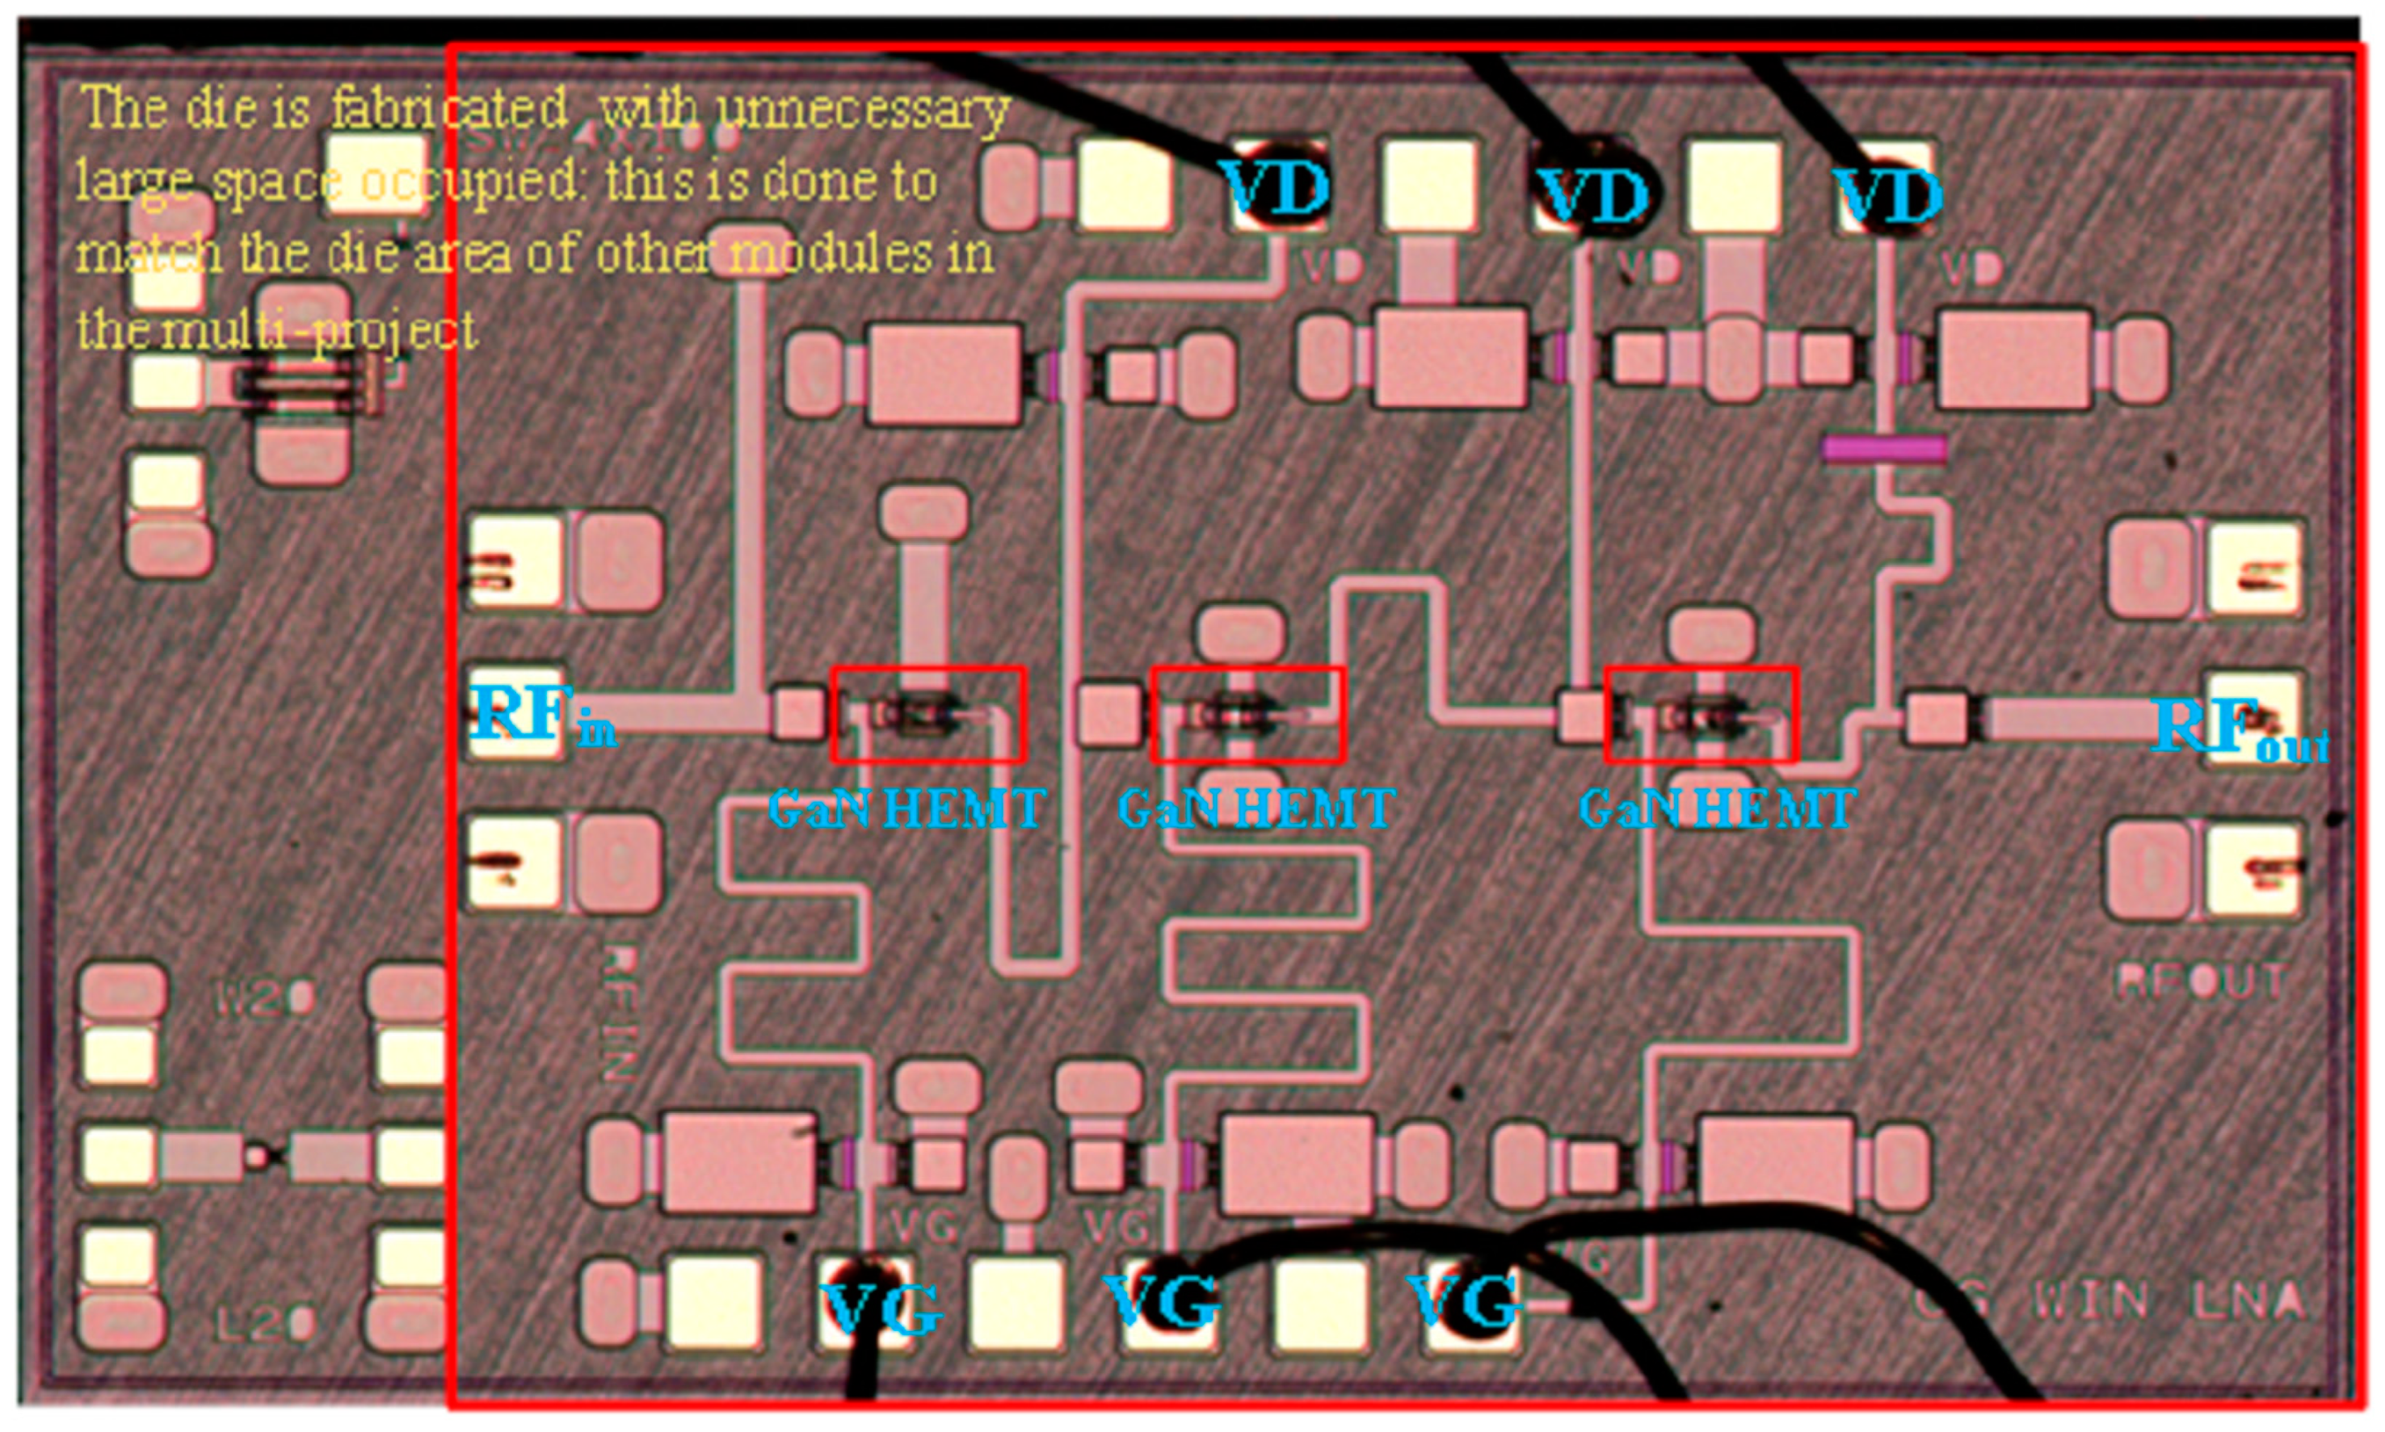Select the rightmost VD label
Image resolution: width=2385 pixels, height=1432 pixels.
click(x=1888, y=196)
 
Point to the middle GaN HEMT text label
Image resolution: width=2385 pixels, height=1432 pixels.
click(x=1256, y=808)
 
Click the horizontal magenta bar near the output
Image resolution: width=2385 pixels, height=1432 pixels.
click(x=1884, y=449)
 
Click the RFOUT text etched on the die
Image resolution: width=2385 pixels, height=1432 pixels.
click(x=2200, y=981)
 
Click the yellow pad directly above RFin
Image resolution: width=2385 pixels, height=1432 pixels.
click(x=515, y=563)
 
